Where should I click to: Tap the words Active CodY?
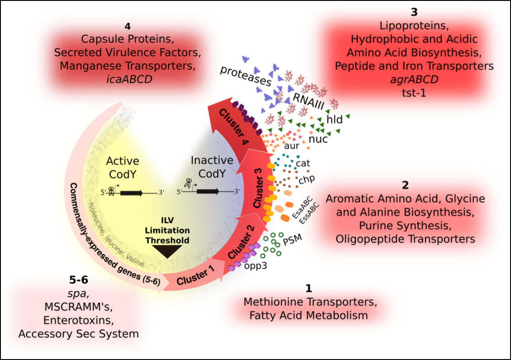[123, 167]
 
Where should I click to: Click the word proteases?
[246, 76]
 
